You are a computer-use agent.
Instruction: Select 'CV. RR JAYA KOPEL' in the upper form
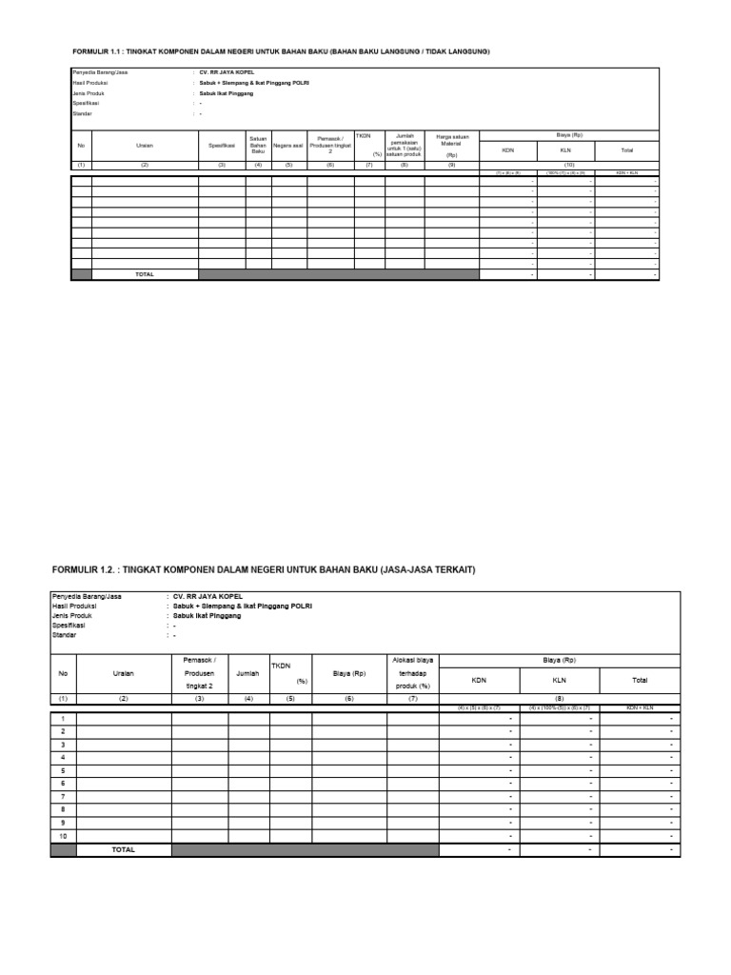(x=227, y=72)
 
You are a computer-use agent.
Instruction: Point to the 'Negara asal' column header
(x=287, y=146)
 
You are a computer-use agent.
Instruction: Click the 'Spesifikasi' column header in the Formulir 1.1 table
(x=222, y=146)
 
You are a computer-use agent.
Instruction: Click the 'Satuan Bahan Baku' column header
(x=258, y=145)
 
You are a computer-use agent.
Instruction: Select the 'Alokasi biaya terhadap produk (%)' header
(x=412, y=671)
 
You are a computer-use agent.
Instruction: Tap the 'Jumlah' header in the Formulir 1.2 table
(x=247, y=672)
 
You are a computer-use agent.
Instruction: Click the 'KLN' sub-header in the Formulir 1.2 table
(x=560, y=680)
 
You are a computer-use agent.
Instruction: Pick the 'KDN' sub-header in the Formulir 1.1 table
(x=506, y=150)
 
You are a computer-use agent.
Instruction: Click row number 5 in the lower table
(x=63, y=769)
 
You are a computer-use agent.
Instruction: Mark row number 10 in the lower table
(x=63, y=834)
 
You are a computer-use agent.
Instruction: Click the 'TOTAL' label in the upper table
(x=144, y=274)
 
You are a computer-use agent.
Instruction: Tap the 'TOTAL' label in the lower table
(x=124, y=848)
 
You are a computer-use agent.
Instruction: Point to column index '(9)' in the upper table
(x=451, y=165)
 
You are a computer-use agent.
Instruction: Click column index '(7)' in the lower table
(x=412, y=698)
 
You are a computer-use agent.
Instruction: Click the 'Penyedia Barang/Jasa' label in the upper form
(x=100, y=72)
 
